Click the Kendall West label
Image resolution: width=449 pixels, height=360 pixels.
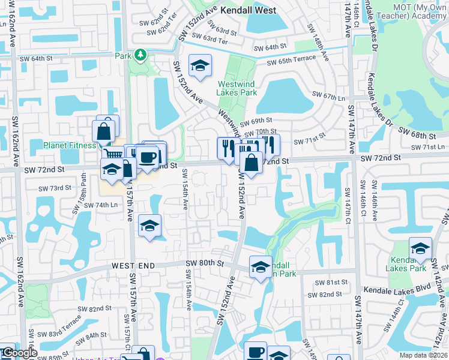pyautogui.click(x=248, y=10)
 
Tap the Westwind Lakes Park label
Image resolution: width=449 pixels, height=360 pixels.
pyautogui.click(x=237, y=88)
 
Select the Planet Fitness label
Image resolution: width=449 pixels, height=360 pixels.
pyautogui.click(x=70, y=145)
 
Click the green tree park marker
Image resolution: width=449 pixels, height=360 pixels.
pyautogui.click(x=140, y=56)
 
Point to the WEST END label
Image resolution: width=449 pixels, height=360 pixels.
pyautogui.click(x=133, y=265)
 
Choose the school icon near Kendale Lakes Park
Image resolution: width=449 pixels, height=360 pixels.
pyautogui.click(x=420, y=248)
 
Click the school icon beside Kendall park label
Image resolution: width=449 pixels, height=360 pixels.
pyautogui.click(x=261, y=268)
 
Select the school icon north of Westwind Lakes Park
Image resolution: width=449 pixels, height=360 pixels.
pyautogui.click(x=200, y=65)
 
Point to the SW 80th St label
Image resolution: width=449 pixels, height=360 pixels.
pyautogui.click(x=204, y=263)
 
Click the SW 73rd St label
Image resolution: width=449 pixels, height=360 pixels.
pyautogui.click(x=55, y=188)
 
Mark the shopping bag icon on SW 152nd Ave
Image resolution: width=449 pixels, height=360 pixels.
pyautogui.click(x=251, y=162)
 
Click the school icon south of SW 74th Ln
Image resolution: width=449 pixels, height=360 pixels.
pyautogui.click(x=149, y=226)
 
